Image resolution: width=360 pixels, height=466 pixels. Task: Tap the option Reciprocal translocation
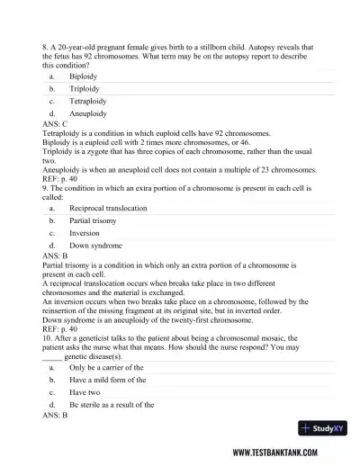(107, 208)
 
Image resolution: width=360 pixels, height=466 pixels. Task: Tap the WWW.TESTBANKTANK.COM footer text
(287, 453)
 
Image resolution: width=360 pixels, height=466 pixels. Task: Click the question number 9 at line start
(45, 188)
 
